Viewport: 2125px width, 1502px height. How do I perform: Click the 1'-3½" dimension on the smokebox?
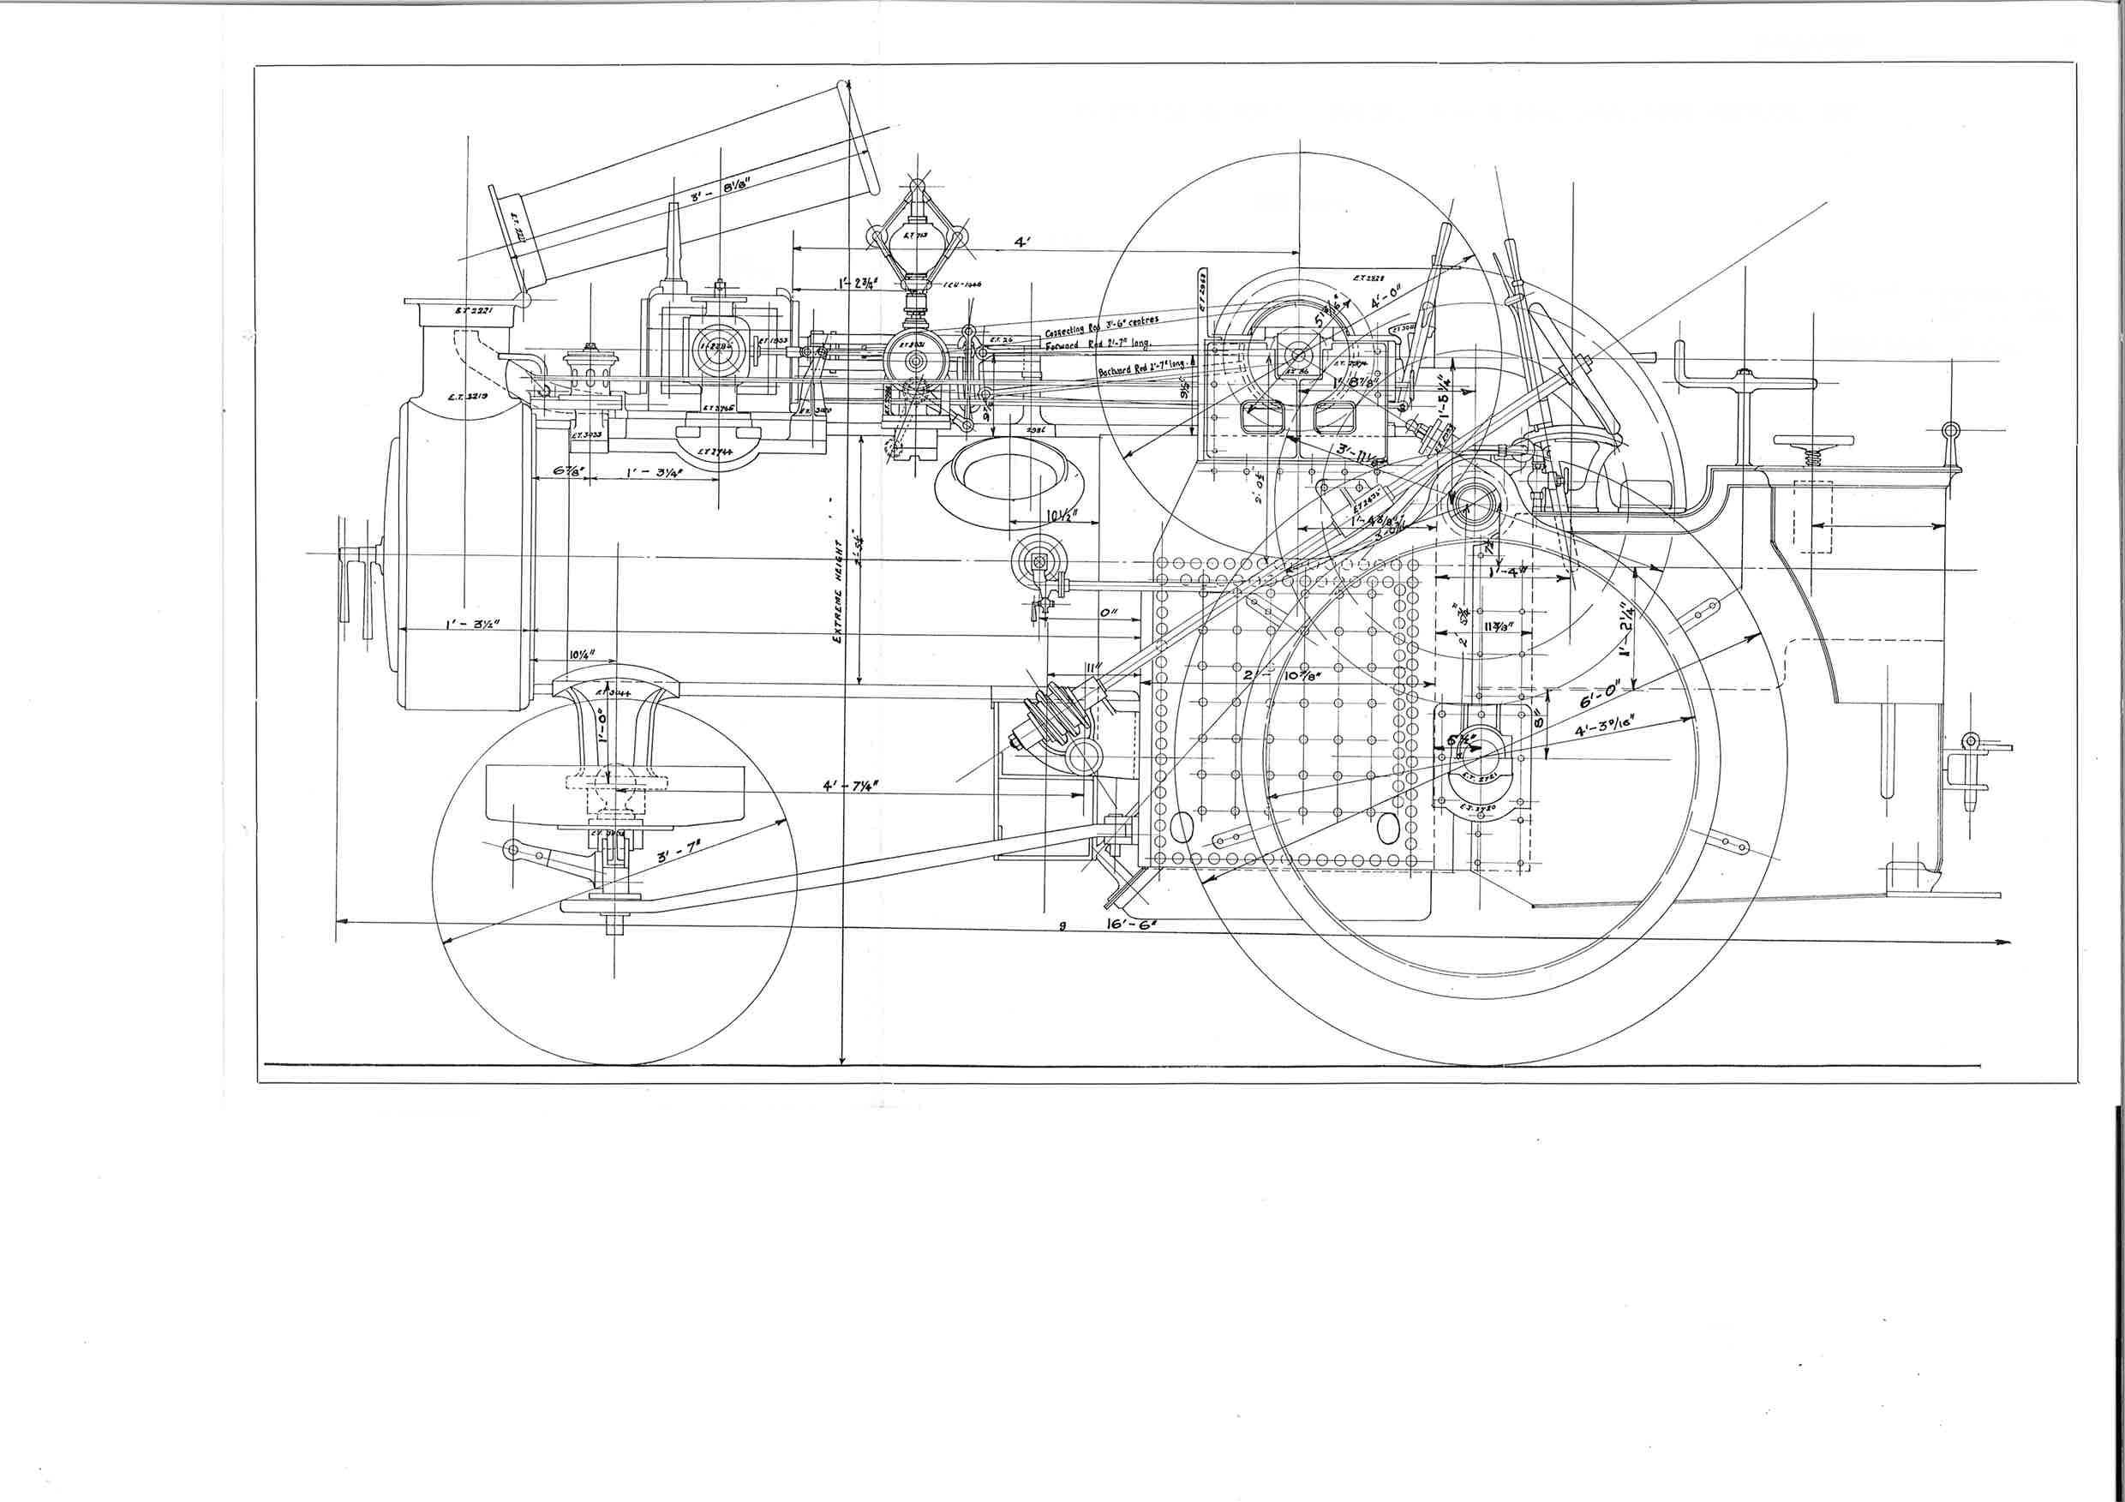pos(473,625)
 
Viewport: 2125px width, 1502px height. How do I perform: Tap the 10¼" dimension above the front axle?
pos(580,655)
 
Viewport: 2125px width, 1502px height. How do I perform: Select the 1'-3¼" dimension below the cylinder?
pos(655,473)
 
